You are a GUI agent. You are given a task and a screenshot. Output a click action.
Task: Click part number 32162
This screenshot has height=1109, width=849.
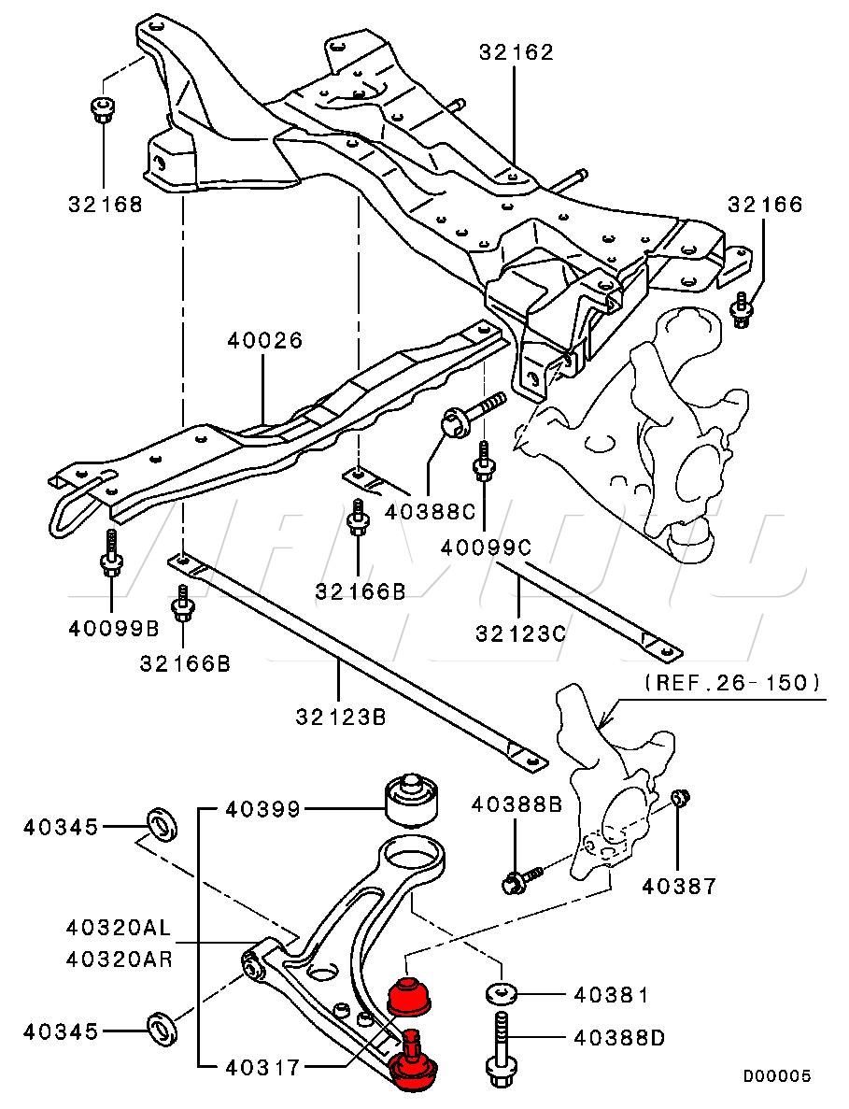tap(516, 51)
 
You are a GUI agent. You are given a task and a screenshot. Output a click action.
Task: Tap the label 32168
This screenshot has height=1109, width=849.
tap(106, 204)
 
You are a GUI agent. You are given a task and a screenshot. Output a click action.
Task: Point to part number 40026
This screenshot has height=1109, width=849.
tap(264, 340)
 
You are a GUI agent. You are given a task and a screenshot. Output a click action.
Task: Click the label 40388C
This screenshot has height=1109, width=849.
tap(431, 511)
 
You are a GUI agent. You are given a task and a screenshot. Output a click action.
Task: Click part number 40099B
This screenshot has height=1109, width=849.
tap(114, 627)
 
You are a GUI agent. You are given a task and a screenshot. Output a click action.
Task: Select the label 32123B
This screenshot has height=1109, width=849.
tap(342, 718)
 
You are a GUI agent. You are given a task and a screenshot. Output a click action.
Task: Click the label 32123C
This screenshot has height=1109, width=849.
tap(521, 633)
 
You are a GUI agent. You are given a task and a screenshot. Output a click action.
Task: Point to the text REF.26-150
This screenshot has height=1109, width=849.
tap(732, 682)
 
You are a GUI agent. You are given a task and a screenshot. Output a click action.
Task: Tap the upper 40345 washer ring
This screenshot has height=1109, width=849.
tap(163, 826)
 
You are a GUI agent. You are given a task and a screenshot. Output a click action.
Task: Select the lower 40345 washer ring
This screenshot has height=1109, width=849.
tap(163, 1029)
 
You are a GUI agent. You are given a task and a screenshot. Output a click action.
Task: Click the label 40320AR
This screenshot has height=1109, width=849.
tap(119, 960)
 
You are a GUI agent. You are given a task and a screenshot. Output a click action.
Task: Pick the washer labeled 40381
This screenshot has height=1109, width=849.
tap(502, 993)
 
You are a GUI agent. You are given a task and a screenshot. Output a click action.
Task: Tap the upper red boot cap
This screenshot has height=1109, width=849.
tap(411, 994)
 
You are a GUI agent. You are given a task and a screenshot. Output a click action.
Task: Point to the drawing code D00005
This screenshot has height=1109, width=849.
tap(776, 1076)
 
